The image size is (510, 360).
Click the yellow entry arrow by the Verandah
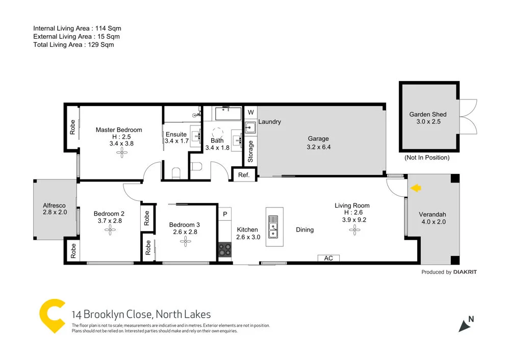tap(416, 188)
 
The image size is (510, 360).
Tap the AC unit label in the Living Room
tap(328, 259)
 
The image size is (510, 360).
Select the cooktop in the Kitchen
tap(225, 249)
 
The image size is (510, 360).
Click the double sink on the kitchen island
tap(273, 227)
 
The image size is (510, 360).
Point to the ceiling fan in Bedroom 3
tap(185, 242)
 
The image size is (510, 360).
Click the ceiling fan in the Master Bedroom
tap(121, 153)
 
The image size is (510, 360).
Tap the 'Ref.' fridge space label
tap(244, 175)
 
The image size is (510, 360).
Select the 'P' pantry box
tap(225, 213)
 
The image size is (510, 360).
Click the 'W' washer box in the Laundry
tap(250, 112)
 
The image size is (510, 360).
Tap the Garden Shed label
tap(428, 114)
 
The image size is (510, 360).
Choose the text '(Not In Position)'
tap(427, 158)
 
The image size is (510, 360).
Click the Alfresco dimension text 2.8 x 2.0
tap(55, 213)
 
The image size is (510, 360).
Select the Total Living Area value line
tap(73, 45)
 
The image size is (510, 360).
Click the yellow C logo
tap(53, 317)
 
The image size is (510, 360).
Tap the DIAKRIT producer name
tap(465, 272)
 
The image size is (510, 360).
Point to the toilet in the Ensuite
tap(176, 173)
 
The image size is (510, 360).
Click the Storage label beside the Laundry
tap(250, 151)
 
